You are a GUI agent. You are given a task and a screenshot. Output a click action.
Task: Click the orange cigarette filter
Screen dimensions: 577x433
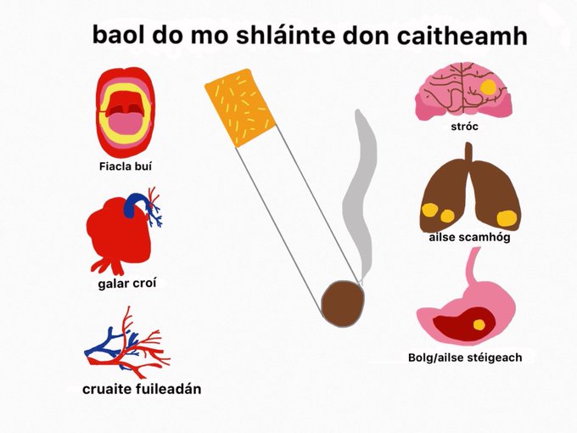tap(240, 107)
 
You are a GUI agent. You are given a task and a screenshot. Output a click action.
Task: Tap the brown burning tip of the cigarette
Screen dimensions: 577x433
tap(343, 301)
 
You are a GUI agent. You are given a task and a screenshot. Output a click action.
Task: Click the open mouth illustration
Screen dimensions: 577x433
tap(125, 110)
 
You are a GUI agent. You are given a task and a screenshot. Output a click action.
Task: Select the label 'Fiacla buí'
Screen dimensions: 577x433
tap(125, 165)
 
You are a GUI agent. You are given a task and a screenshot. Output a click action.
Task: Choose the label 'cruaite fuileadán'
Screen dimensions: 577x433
tap(142, 389)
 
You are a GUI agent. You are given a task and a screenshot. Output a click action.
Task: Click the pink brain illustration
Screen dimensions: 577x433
tap(462, 88)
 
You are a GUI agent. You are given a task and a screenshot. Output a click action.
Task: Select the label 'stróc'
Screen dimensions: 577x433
tap(467, 127)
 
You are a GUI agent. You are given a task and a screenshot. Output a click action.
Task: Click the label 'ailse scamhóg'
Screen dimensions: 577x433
tap(469, 237)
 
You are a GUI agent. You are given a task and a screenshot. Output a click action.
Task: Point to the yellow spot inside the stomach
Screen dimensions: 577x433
tap(480, 323)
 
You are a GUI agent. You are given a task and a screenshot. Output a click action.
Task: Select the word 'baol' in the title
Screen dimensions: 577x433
tap(120, 35)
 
